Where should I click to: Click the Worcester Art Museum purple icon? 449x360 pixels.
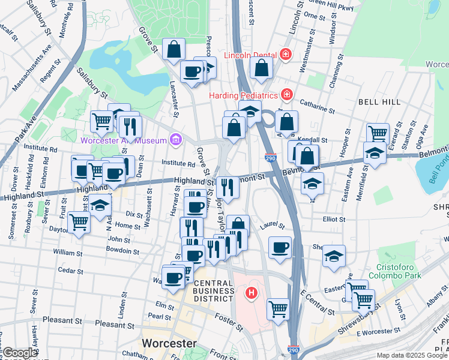click(x=175, y=140)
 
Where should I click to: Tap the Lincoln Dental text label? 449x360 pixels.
click(x=250, y=56)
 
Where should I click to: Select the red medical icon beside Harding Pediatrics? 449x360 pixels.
click(x=287, y=95)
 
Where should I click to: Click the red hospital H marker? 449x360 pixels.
click(x=252, y=293)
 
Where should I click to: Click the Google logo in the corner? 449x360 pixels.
click(x=20, y=353)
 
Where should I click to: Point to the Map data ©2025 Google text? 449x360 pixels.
click(x=411, y=355)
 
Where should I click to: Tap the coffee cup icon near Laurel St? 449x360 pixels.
click(x=279, y=247)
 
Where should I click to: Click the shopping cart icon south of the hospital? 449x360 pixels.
click(x=278, y=310)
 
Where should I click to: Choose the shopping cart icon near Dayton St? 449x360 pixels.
click(x=79, y=223)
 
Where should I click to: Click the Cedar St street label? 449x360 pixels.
click(x=71, y=271)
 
